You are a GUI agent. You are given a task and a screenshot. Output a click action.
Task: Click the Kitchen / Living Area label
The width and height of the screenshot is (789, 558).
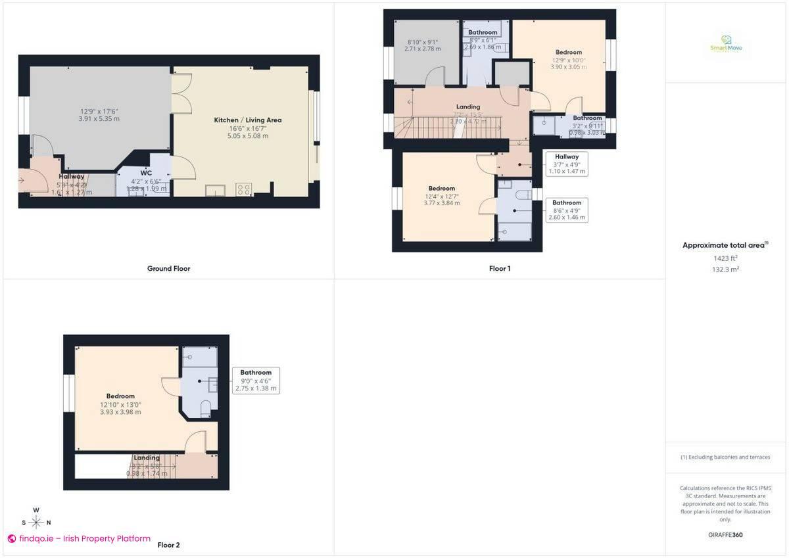[x=247, y=120]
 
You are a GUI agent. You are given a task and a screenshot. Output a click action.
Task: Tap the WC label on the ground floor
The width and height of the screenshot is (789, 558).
[x=146, y=173]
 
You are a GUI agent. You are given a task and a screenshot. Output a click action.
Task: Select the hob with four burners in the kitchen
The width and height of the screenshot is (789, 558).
[x=243, y=190]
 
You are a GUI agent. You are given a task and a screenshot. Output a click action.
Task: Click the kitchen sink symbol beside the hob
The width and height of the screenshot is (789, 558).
[x=214, y=191]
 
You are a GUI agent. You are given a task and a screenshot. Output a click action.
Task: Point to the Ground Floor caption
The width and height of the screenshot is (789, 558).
[x=168, y=268]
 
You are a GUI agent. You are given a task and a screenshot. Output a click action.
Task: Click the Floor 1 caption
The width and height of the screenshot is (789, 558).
[x=500, y=268]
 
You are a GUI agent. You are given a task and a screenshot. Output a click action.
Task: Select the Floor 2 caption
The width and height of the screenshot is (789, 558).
[x=168, y=545]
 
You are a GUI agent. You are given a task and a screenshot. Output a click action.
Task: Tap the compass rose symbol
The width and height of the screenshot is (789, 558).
[x=37, y=522]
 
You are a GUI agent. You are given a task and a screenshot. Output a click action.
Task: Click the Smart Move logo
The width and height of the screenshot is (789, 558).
[x=726, y=44]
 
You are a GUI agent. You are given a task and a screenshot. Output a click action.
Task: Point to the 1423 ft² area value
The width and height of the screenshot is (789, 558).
[x=725, y=258]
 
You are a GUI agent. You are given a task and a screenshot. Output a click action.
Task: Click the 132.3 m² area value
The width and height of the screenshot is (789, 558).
[x=725, y=269]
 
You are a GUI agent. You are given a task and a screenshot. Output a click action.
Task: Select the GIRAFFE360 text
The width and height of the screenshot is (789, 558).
[x=725, y=535]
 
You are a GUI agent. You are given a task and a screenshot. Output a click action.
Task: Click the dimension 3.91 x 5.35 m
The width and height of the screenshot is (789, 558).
[x=99, y=119]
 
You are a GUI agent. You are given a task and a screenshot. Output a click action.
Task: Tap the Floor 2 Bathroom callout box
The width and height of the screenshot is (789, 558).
[x=256, y=381]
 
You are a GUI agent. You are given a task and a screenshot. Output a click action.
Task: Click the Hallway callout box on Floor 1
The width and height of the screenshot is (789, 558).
[x=566, y=164]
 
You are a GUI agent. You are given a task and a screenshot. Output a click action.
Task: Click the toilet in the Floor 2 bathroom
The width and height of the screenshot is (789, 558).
[x=205, y=408]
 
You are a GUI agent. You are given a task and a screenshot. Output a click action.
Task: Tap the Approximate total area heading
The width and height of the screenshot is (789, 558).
[x=725, y=245]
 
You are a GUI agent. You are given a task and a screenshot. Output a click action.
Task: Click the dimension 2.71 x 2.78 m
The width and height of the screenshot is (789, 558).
[x=421, y=49]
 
